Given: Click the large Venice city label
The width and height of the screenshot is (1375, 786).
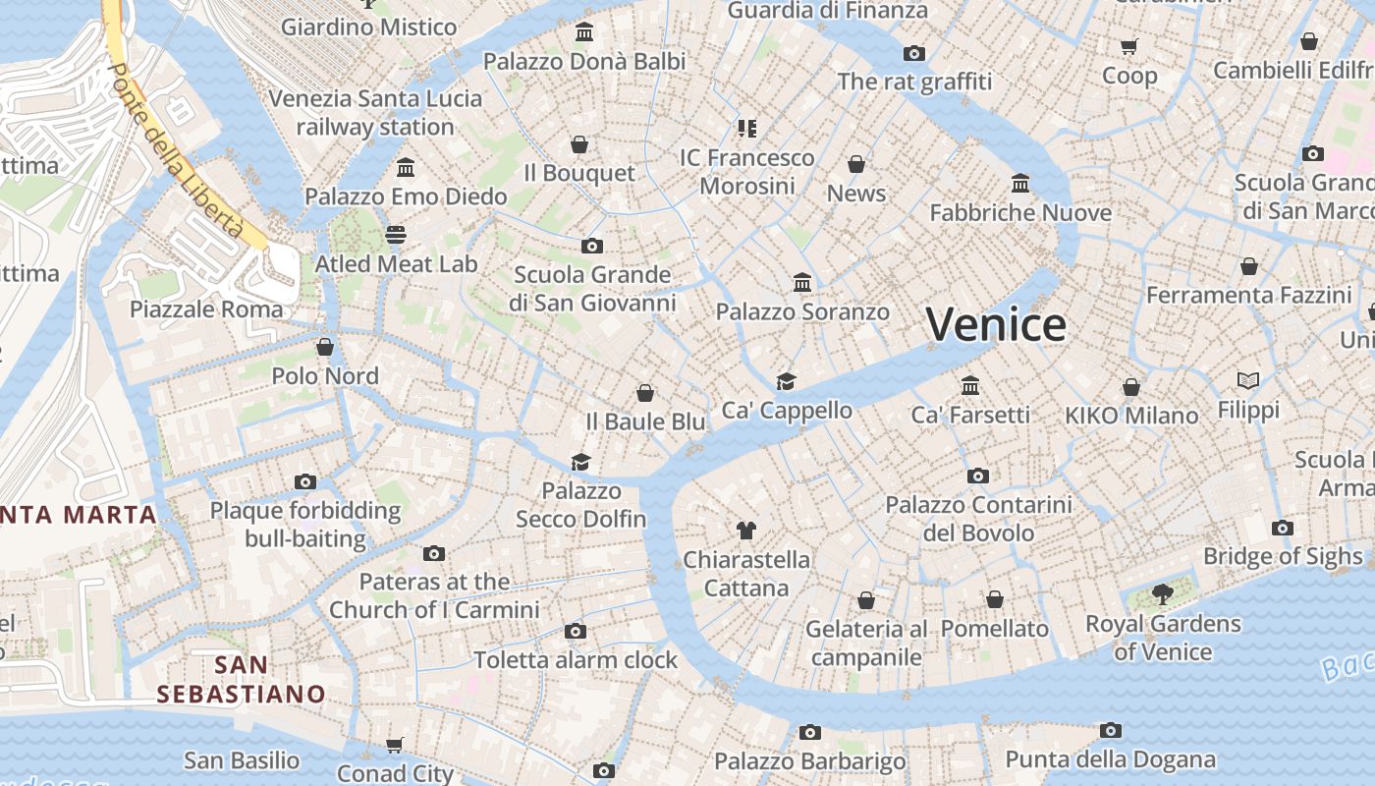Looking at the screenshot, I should (x=996, y=325).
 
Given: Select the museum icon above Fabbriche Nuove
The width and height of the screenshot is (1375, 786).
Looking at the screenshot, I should (x=1020, y=183).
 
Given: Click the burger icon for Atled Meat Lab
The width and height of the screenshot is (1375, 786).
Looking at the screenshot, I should (x=396, y=234).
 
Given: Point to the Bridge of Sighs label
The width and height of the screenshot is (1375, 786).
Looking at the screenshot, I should (x=1283, y=556).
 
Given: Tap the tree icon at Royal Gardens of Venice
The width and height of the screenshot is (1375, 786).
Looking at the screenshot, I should (x=1163, y=593).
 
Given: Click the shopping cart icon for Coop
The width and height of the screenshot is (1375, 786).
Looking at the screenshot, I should (x=1129, y=46).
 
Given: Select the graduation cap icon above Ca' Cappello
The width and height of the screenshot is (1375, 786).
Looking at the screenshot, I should (x=786, y=381).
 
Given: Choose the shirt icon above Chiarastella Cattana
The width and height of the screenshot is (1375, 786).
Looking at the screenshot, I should (x=746, y=531).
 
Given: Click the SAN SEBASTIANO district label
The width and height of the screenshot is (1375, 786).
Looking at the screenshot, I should (x=241, y=679).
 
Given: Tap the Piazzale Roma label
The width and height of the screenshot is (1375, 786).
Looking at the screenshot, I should (x=206, y=309).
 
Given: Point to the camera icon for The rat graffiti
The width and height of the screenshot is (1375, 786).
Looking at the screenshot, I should (x=914, y=53).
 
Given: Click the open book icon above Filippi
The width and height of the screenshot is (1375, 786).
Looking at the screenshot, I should (x=1248, y=380).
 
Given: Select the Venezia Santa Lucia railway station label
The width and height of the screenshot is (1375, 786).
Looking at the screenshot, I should (x=375, y=113).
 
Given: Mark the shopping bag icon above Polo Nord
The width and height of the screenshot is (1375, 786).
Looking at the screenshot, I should (x=325, y=347).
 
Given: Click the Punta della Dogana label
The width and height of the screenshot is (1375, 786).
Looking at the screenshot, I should (x=1110, y=759).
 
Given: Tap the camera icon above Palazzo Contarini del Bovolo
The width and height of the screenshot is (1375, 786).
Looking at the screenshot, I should (x=978, y=476).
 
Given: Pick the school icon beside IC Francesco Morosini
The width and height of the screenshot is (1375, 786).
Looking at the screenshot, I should (x=747, y=128).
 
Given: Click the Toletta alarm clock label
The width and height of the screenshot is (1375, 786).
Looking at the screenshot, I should (x=576, y=659).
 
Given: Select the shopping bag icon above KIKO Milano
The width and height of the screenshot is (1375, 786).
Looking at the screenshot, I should (x=1131, y=387).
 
